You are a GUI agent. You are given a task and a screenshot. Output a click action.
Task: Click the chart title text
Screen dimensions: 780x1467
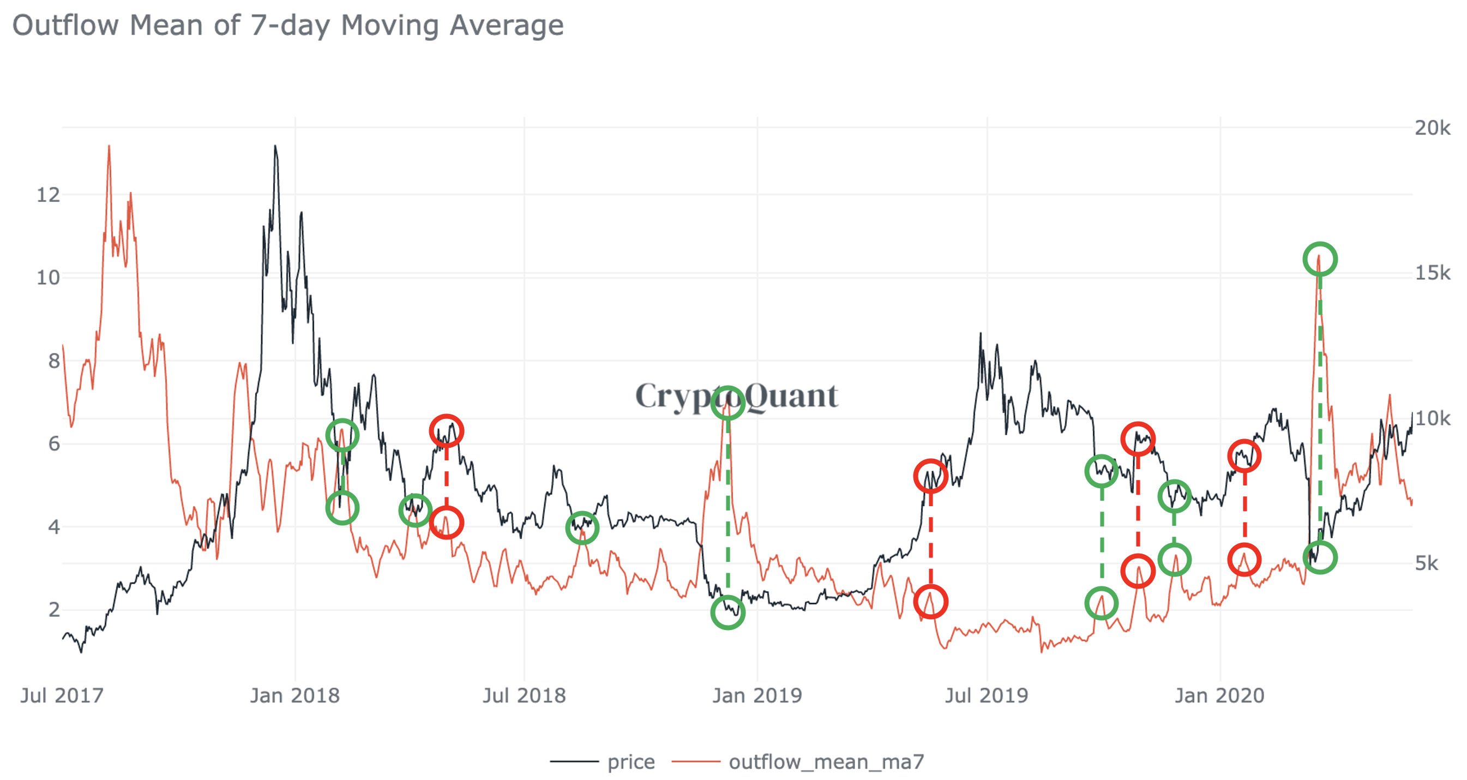click(287, 26)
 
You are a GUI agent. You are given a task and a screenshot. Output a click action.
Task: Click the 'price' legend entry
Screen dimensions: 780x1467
click(630, 762)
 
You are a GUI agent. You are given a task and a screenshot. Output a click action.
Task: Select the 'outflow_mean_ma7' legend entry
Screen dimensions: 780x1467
click(826, 762)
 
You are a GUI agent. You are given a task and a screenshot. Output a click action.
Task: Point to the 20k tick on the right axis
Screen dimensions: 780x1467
click(1432, 128)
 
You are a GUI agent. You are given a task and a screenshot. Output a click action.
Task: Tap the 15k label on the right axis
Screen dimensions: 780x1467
click(1432, 273)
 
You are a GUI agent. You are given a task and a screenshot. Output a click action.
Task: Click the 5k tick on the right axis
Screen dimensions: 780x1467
click(1426, 563)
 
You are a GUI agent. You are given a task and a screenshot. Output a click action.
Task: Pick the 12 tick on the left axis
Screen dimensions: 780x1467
click(49, 195)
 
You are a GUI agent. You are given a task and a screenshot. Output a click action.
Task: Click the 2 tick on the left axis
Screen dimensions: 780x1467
click(53, 610)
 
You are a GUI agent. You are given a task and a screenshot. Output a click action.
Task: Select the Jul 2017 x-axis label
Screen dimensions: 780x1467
click(62, 695)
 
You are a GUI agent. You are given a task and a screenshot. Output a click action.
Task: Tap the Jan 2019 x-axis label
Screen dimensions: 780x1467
click(757, 695)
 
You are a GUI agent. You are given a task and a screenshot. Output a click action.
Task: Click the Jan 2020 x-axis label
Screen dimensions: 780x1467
click(1219, 695)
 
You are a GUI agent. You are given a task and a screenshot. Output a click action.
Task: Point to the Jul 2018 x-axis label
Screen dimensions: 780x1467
click(524, 695)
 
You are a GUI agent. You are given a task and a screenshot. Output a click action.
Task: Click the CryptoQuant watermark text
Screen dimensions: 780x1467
click(736, 395)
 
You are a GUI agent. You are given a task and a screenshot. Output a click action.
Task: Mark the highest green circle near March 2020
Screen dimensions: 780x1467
click(1320, 259)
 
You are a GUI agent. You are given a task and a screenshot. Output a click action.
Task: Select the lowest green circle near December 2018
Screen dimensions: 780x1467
click(728, 613)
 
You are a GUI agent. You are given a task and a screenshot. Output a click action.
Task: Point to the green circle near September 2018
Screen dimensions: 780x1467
click(581, 527)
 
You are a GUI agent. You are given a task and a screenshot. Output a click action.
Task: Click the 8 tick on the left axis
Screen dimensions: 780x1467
click(53, 361)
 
